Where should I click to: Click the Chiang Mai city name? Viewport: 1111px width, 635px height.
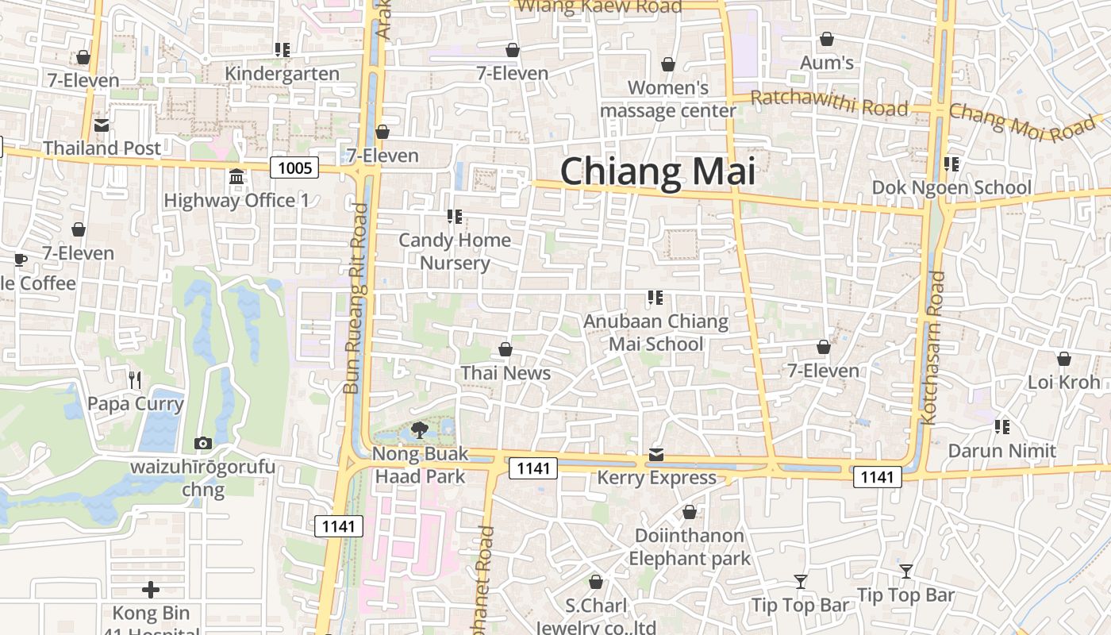click(657, 171)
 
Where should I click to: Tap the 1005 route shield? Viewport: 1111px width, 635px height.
click(294, 167)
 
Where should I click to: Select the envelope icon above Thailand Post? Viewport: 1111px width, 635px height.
click(102, 125)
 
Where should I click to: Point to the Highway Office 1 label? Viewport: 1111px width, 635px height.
click(236, 200)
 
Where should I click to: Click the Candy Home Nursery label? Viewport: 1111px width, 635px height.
click(455, 251)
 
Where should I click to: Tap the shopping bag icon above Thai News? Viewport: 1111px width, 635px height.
click(506, 349)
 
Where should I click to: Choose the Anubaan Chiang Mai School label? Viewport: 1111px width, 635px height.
click(656, 333)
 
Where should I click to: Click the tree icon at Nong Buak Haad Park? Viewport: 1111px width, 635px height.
click(420, 431)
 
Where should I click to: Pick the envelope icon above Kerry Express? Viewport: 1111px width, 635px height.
click(656, 455)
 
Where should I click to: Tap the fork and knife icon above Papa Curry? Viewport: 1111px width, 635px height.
click(135, 380)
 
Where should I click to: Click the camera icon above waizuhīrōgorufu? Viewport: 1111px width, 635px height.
click(203, 443)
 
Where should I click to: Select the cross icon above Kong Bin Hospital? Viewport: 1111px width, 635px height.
click(151, 590)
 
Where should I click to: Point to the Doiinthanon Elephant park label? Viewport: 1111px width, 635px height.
click(689, 547)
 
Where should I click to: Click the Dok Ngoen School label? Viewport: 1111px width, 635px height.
click(951, 187)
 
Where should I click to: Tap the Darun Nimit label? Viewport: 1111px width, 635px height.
click(1002, 451)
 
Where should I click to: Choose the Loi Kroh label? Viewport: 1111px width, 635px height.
click(1063, 382)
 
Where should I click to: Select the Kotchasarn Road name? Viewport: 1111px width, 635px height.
click(931, 348)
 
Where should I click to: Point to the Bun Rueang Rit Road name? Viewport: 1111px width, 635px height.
click(356, 298)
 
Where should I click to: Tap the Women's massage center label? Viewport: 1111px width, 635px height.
click(668, 99)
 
